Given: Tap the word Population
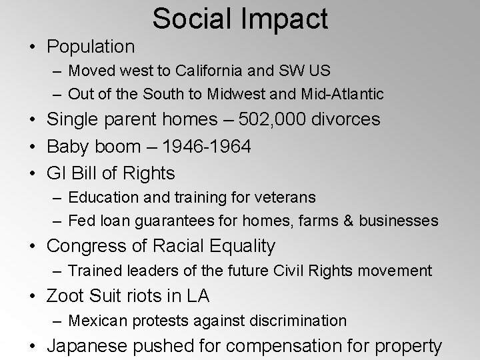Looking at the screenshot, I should [x=90, y=47].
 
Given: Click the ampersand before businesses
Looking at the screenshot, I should [x=349, y=220].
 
